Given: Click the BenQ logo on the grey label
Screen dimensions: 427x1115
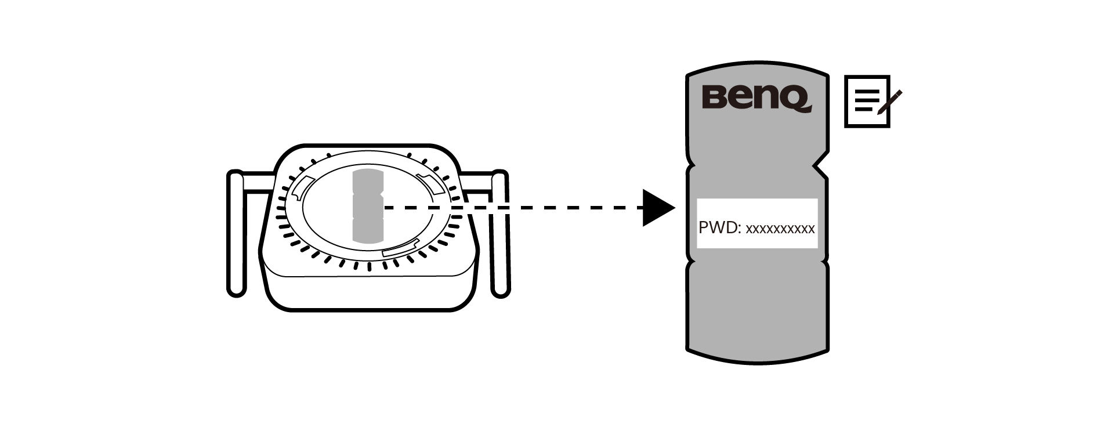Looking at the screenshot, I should click(x=756, y=97).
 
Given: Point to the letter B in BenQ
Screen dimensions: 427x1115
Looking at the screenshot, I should click(x=714, y=97).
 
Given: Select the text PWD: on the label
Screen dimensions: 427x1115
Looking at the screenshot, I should click(x=720, y=228).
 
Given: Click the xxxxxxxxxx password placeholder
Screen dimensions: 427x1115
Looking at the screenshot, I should click(x=780, y=229).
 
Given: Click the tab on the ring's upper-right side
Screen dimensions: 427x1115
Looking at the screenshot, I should click(x=432, y=182).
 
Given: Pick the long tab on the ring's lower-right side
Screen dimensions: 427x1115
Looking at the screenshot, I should click(x=400, y=251).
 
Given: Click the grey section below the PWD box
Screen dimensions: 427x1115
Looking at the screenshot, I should click(x=757, y=307).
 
